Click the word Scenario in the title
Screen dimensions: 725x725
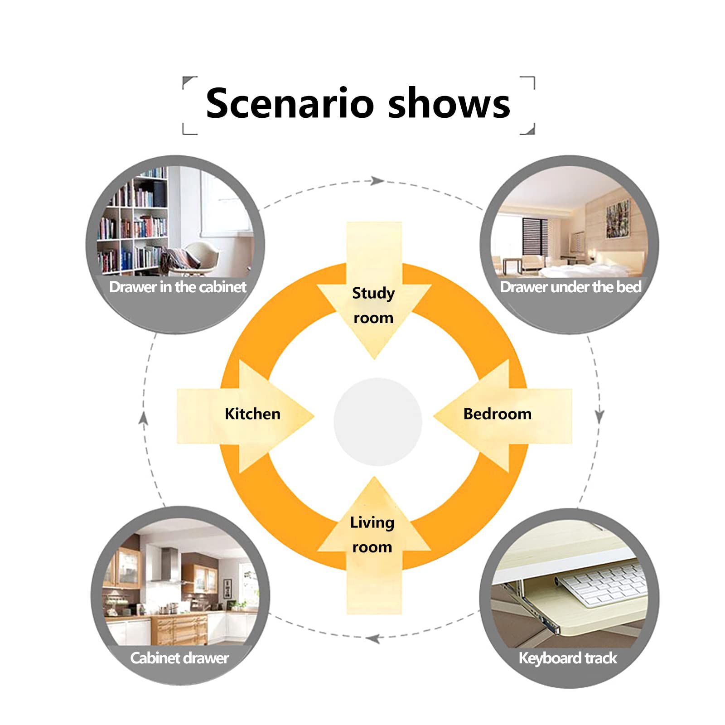(290, 103)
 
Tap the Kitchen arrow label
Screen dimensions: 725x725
(252, 414)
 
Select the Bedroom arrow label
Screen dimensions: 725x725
(497, 414)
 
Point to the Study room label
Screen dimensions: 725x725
(373, 305)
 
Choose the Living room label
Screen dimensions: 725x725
(372, 535)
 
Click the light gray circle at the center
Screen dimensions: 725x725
(377, 421)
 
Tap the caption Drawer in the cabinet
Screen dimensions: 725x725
(178, 287)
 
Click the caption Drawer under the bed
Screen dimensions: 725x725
(570, 287)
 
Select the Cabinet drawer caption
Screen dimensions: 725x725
(179, 658)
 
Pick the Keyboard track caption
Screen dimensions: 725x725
(568, 658)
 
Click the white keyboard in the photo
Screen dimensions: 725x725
(600, 584)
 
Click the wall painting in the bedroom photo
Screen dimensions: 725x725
(618, 218)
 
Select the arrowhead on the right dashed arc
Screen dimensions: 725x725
(599, 416)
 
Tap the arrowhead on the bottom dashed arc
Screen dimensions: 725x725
(372, 639)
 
